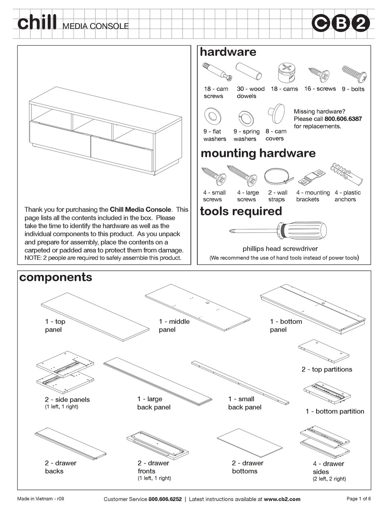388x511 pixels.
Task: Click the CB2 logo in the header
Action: (341, 23)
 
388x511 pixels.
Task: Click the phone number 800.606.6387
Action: (343, 119)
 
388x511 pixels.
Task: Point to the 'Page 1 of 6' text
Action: (358, 498)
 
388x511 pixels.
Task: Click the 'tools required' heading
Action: (241, 211)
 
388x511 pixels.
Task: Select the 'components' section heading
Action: (56, 277)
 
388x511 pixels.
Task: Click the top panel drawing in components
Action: (95, 316)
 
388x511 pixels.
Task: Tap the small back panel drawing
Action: (241, 381)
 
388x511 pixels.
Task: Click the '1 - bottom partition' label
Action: (334, 411)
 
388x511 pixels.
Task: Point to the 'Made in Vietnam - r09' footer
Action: (40, 498)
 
